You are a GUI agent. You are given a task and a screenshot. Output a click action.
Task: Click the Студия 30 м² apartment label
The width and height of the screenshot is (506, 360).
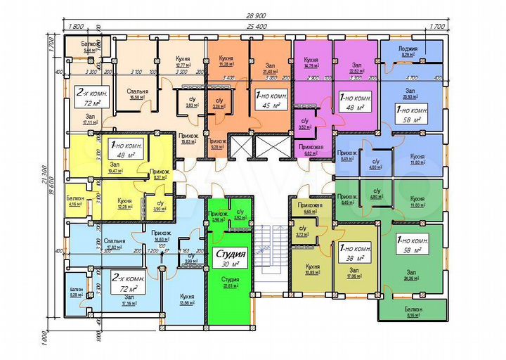tap(229, 257)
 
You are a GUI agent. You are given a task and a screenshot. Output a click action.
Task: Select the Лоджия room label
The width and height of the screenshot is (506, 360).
tap(410, 51)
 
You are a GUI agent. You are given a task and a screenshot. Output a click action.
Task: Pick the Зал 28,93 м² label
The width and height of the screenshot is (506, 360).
tap(410, 94)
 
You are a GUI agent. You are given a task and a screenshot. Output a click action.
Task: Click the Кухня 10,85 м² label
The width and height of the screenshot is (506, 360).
tap(313, 270)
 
